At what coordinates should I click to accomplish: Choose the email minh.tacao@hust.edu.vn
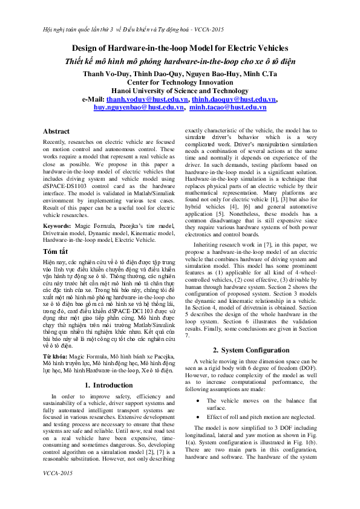tap(227, 107)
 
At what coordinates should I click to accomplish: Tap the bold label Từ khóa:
tap(55, 341)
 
